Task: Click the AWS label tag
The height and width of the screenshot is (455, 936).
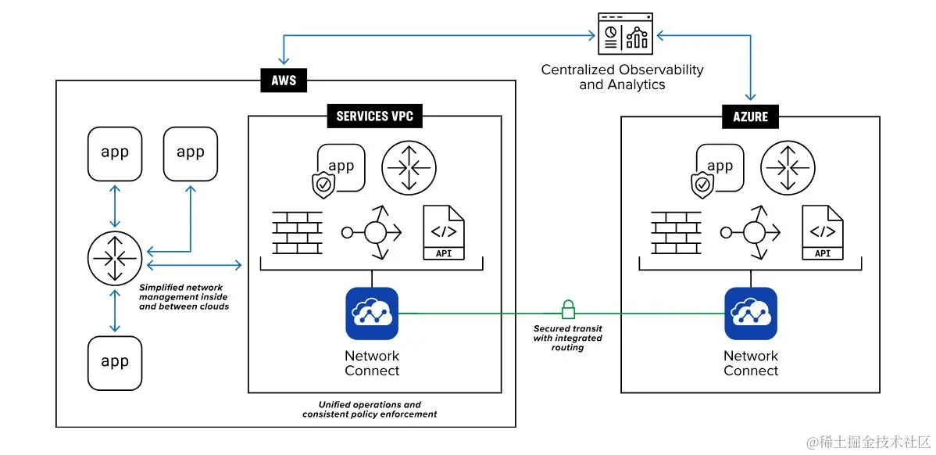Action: (284, 80)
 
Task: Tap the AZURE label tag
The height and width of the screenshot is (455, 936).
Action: (750, 117)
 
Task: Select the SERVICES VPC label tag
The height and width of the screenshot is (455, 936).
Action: (374, 117)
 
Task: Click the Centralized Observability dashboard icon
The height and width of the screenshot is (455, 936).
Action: (625, 34)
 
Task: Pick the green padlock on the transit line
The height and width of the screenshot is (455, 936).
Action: (568, 308)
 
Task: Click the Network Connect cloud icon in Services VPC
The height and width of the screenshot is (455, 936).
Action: (372, 313)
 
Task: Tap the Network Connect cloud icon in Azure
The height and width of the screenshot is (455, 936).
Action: (751, 313)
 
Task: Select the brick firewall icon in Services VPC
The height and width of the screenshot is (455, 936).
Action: (298, 232)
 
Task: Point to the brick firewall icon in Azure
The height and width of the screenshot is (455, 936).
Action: (677, 232)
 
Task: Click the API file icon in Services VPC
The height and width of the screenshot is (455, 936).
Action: (443, 232)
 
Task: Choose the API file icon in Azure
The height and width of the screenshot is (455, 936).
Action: (823, 232)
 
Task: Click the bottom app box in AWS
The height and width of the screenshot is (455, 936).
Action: (115, 363)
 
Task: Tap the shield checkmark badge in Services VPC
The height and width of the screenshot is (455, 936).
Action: (323, 185)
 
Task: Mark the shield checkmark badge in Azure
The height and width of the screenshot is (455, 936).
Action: (703, 185)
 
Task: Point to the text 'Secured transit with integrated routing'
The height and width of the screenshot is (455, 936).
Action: (568, 338)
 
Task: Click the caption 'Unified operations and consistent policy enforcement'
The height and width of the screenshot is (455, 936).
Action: (370, 410)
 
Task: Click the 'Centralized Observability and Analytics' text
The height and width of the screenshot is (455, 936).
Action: (622, 77)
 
